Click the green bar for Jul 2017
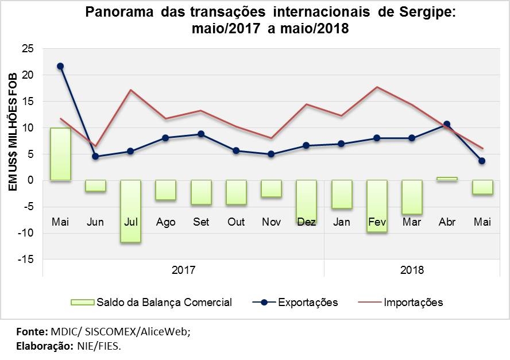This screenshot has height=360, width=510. [130, 211]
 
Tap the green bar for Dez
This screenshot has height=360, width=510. [306, 201]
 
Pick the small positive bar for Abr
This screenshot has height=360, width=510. [447, 179]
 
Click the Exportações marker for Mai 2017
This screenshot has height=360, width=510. [60, 66]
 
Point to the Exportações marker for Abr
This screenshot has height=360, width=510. [447, 124]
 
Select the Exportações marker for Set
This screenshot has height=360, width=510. [201, 134]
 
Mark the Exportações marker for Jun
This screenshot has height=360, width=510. [95, 156]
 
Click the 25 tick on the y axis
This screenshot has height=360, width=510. [28, 48]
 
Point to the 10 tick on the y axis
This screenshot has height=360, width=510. [28, 127]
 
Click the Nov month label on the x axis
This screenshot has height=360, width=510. [271, 222]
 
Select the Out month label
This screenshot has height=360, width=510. [236, 222]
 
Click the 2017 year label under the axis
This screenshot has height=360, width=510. [184, 269]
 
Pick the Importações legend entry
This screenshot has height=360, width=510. [413, 302]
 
